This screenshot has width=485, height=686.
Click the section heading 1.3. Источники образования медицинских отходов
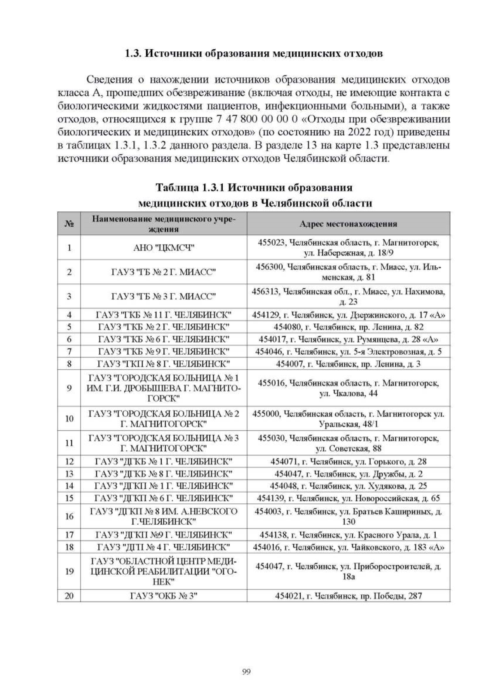click(253, 54)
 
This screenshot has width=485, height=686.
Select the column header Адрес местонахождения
click(348, 224)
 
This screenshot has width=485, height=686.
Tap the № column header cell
click(69, 224)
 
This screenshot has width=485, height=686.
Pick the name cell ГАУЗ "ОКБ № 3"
click(164, 595)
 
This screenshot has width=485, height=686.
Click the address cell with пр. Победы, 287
click(348, 595)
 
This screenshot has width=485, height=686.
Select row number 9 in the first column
click(69, 388)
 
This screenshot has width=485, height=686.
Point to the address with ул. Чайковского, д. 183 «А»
click(348, 547)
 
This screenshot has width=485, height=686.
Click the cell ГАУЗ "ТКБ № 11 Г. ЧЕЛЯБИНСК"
click(164, 315)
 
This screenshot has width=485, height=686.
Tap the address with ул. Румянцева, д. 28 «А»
click(348, 339)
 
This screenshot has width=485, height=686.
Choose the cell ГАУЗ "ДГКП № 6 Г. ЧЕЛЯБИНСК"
click(164, 498)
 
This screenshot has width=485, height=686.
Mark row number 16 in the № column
click(69, 516)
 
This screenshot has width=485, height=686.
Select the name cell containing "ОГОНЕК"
click(164, 571)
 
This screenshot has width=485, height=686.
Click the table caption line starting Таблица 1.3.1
click(254, 188)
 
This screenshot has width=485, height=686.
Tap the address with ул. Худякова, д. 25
click(348, 486)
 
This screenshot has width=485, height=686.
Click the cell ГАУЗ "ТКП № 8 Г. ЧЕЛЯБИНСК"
click(164, 364)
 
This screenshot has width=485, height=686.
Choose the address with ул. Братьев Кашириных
click(348, 516)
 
